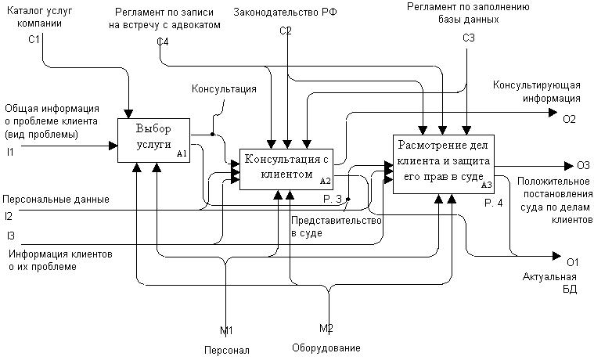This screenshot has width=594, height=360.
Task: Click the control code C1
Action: [34, 38]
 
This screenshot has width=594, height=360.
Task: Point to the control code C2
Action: [286, 31]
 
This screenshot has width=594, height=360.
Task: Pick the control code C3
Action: [468, 38]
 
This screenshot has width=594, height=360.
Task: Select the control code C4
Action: [162, 41]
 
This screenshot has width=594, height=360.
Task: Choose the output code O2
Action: [569, 119]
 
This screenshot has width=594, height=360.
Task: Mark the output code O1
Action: [572, 261]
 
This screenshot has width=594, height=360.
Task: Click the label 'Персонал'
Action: [226, 350]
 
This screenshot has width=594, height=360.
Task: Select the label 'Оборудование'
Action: [326, 347]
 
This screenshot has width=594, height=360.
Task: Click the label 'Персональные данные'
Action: [56, 199]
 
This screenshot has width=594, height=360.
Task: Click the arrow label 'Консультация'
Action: [224, 89]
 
